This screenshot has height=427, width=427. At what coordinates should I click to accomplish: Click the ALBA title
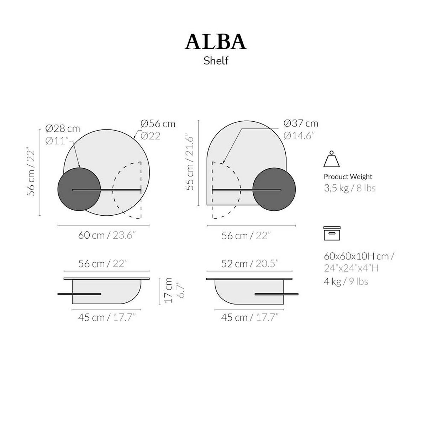(215, 42)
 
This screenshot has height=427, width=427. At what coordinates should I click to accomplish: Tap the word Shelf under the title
(216, 61)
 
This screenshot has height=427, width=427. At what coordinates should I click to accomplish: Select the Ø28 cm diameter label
(63, 129)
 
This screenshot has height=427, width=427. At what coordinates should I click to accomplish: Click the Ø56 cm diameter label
(158, 123)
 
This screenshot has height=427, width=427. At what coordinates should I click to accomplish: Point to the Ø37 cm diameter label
(301, 123)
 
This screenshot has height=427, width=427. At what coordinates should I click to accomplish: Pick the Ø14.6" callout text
(299, 136)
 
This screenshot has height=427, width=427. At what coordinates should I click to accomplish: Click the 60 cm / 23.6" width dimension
(107, 235)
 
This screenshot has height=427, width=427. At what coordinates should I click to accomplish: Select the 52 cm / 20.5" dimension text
(250, 264)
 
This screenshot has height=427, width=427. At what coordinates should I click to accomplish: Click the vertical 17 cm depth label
(169, 290)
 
